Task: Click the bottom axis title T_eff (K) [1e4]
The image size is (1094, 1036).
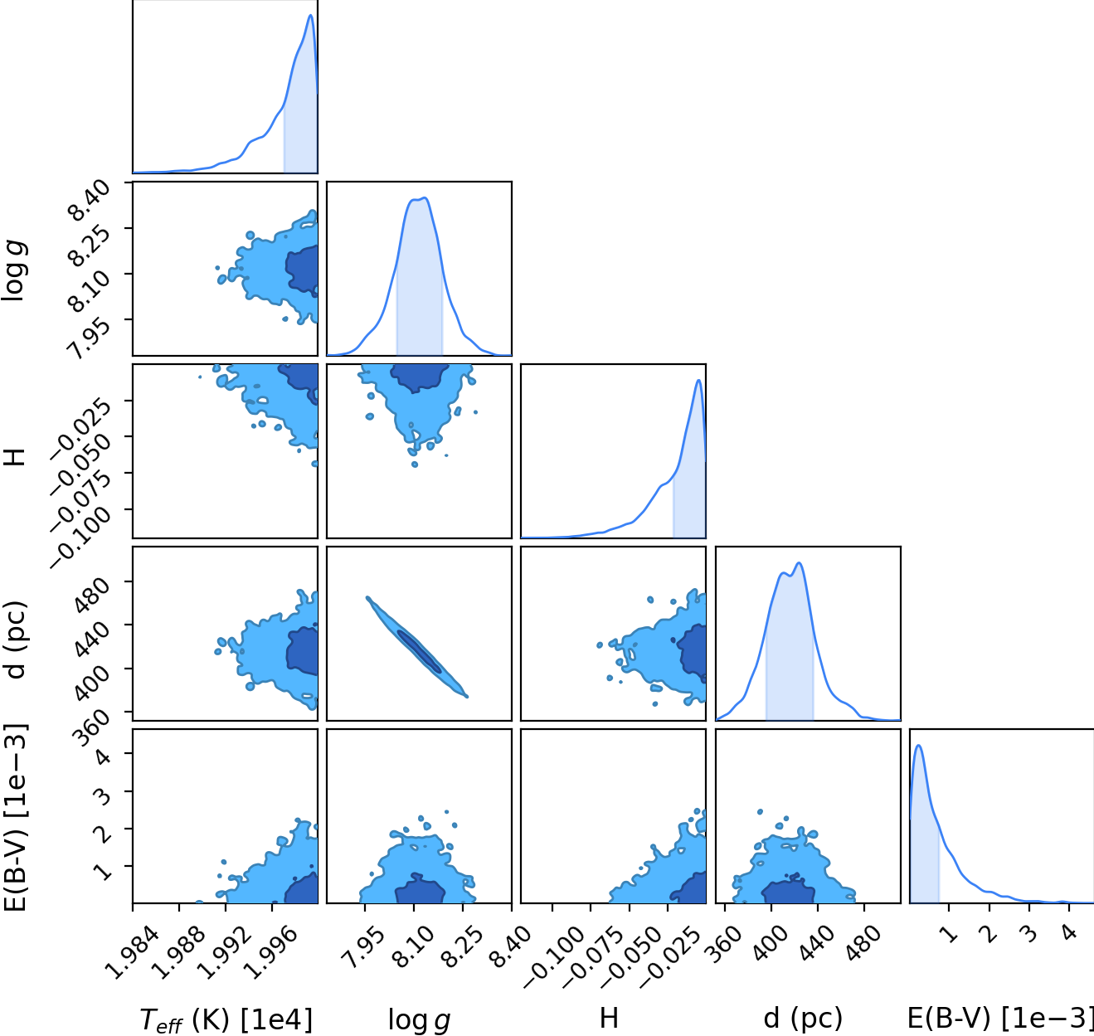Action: (x=226, y=1019)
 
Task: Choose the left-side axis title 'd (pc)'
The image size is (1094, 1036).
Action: (x=17, y=640)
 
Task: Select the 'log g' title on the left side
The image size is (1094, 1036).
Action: (x=15, y=271)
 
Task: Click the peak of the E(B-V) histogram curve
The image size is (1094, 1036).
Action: (x=918, y=746)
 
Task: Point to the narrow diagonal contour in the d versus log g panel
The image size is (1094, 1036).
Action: (x=416, y=647)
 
